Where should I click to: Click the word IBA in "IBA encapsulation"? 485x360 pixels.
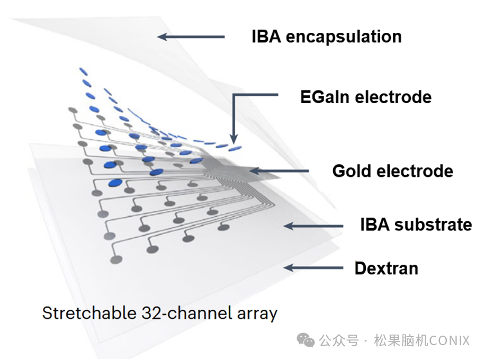(x=266, y=37)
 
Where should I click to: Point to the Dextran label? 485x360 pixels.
(x=387, y=268)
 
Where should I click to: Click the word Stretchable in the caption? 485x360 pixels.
(x=89, y=313)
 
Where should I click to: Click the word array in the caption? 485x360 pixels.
(x=257, y=314)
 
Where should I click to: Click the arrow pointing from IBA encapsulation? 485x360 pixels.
(x=191, y=37)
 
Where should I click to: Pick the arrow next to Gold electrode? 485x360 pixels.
(x=280, y=170)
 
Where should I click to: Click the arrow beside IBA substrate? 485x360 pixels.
(x=313, y=226)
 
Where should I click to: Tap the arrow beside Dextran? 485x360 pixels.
(x=313, y=267)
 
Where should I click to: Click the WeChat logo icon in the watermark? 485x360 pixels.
(x=306, y=340)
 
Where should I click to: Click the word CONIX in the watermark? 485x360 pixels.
(x=450, y=340)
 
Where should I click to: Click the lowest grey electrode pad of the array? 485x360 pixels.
(x=116, y=260)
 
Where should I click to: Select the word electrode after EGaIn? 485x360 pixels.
(x=393, y=97)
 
